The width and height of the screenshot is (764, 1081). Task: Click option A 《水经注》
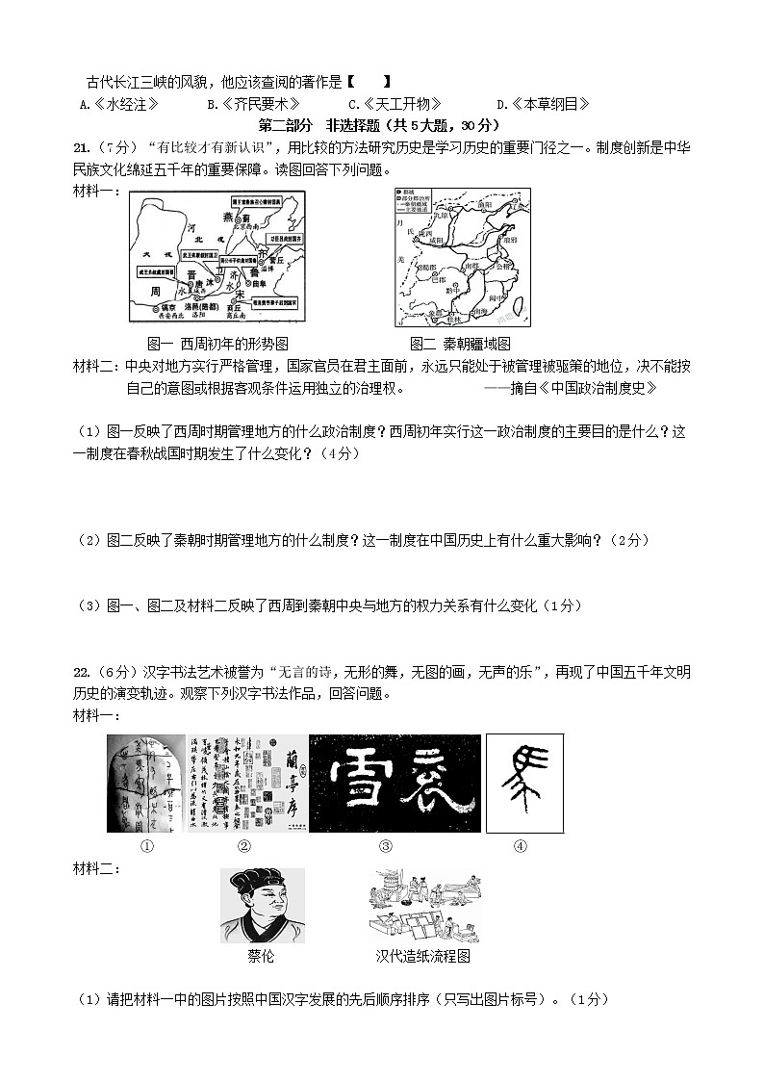tap(119, 105)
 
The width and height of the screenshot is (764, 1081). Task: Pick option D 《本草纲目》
tap(543, 105)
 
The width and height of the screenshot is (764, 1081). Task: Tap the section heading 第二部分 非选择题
tap(381, 125)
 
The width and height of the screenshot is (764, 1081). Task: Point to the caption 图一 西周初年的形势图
tap(217, 344)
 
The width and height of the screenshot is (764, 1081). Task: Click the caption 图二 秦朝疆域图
tap(460, 344)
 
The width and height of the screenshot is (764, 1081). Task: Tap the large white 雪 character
tap(353, 783)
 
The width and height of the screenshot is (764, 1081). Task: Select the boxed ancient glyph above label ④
tap(523, 783)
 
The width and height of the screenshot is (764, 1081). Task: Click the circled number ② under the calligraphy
tap(243, 846)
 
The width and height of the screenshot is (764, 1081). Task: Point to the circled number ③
tap(385, 846)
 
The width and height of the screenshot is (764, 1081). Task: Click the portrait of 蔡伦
tap(262, 906)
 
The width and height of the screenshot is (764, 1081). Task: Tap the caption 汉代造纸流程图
tap(422, 956)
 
